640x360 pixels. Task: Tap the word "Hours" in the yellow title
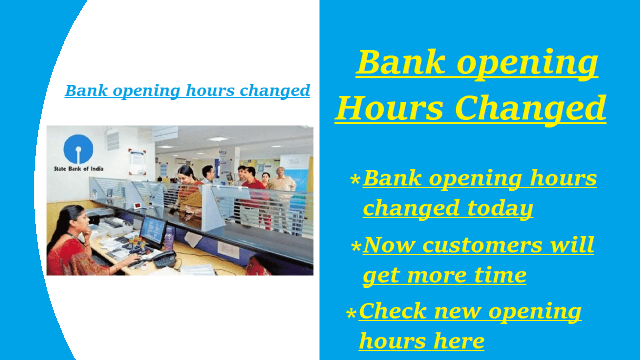[389, 108]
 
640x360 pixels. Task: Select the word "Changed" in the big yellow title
[530, 109]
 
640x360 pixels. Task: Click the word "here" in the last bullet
[459, 341]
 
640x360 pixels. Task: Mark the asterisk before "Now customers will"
[356, 247]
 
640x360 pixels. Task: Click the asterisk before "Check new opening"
[351, 313]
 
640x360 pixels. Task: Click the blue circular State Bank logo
[78, 149]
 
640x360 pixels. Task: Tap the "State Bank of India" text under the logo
[78, 168]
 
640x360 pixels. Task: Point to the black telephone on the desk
[164, 259]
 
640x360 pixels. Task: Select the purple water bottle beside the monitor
[169, 239]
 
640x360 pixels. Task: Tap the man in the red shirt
[252, 192]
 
